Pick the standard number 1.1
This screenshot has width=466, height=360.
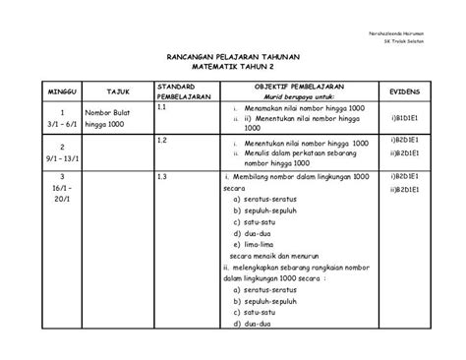pos(163,110)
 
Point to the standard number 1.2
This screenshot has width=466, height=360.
pos(163,141)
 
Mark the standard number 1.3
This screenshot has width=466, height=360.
pos(163,175)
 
